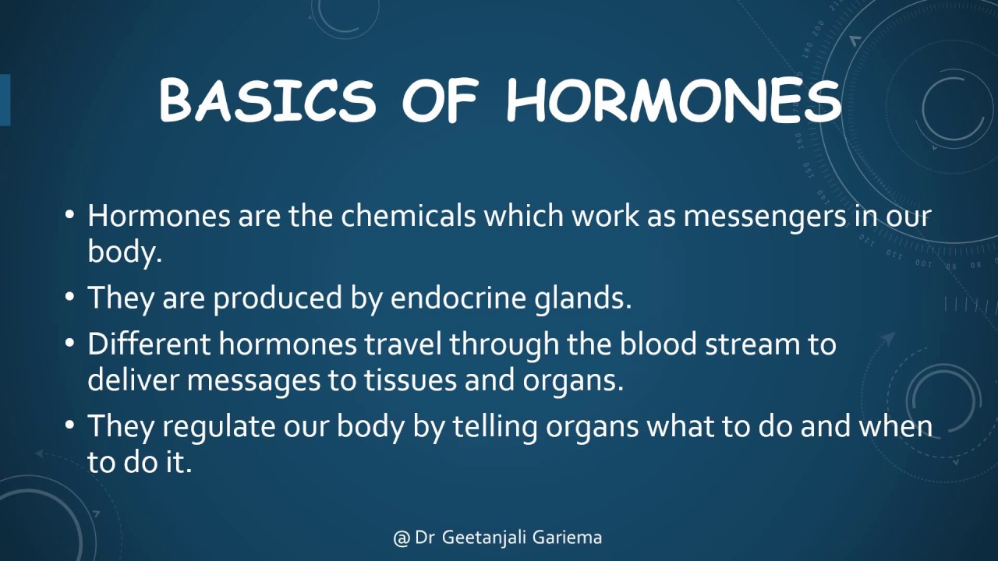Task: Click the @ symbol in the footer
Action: coord(402,538)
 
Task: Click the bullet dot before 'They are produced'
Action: coord(71,299)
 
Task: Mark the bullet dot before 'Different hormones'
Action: coord(71,344)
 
